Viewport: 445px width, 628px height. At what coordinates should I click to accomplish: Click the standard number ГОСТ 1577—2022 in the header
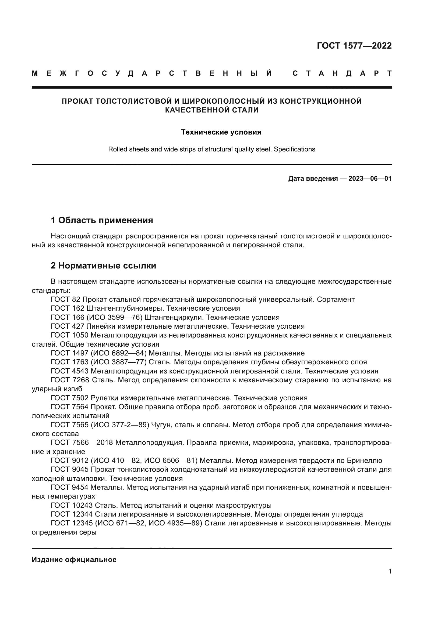point(354,45)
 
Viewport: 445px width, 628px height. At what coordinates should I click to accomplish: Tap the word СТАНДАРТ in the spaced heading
point(342,73)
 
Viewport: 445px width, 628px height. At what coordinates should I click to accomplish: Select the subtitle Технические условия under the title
point(221,132)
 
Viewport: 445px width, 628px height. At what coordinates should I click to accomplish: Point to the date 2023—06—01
point(370,179)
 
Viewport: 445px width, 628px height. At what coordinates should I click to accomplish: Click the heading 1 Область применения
point(102,220)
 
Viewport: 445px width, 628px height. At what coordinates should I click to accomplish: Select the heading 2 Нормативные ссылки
point(103,265)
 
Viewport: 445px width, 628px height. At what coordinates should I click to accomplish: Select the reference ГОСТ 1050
point(70,335)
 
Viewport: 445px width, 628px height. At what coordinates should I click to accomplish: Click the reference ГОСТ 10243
point(72,505)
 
